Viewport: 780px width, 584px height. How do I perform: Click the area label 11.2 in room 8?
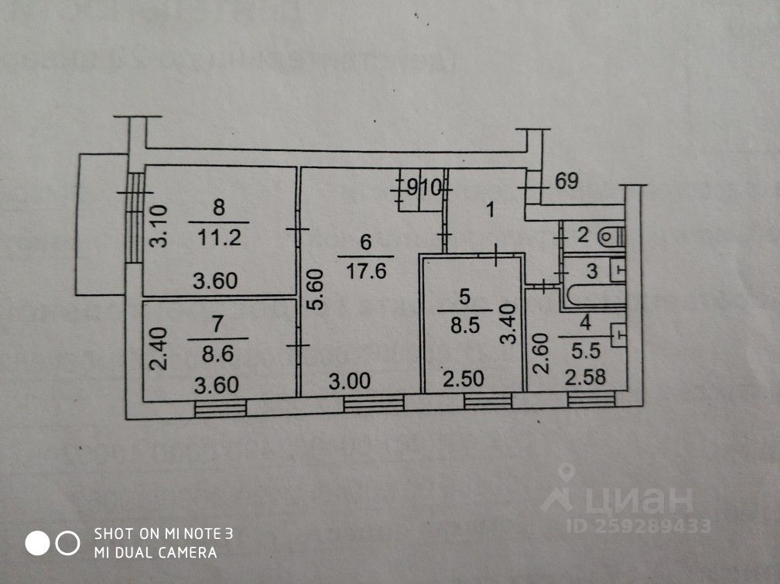pos(218,238)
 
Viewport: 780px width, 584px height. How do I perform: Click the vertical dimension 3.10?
pos(158,225)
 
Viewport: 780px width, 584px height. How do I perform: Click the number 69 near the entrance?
pos(567,184)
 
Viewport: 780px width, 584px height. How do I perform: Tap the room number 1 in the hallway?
pos(490,208)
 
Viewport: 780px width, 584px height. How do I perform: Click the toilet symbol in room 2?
pos(611,234)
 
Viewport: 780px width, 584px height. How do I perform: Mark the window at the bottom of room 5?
pos(487,400)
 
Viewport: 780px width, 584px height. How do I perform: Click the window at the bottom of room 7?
pos(220,407)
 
